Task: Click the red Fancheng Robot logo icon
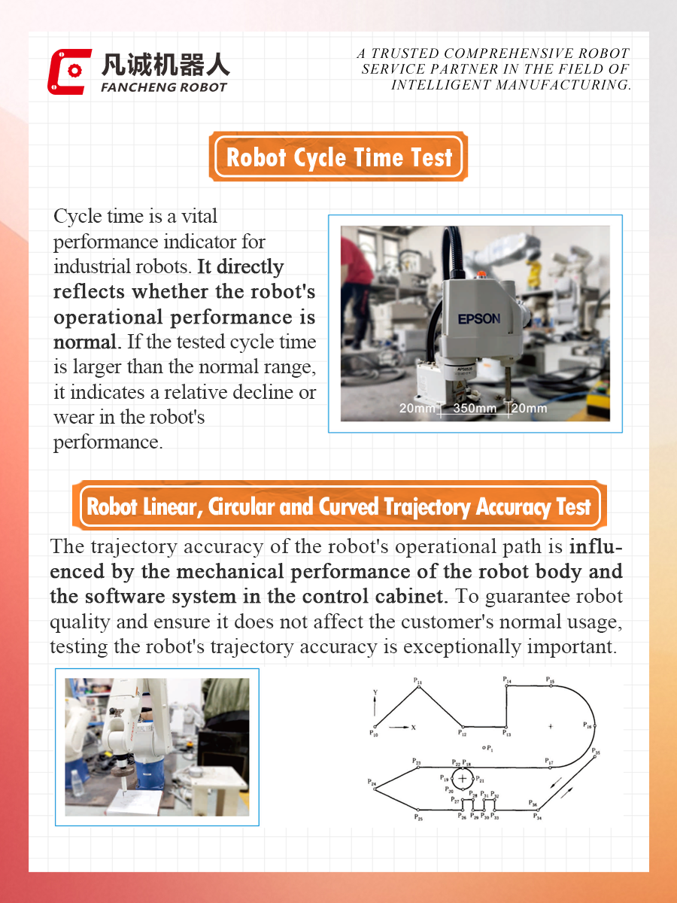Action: coord(69,71)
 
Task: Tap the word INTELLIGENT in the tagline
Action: coord(441,85)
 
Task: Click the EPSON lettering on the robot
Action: coord(479,318)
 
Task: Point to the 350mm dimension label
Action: coord(475,408)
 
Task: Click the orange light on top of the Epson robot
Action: coord(481,274)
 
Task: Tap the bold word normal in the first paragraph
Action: coord(85,342)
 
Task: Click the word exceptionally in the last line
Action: coord(462,647)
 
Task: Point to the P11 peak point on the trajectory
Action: coord(418,686)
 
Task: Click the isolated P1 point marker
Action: coord(484,747)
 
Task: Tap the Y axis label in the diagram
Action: coord(375,692)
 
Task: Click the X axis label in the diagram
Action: coord(414,728)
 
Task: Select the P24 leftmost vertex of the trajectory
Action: coord(375,789)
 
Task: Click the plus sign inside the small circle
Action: coord(463,778)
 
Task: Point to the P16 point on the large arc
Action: coord(595,726)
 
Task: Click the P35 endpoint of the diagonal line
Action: coord(595,756)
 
